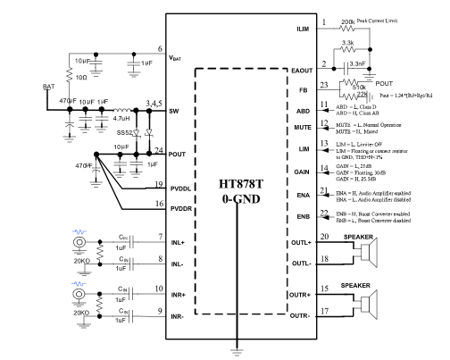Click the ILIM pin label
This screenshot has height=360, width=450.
pyautogui.click(x=302, y=29)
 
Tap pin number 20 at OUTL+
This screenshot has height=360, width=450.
pyautogui.click(x=324, y=237)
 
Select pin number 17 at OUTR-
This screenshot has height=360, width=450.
pyautogui.click(x=324, y=311)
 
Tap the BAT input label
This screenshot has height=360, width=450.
pyautogui.click(x=50, y=86)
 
